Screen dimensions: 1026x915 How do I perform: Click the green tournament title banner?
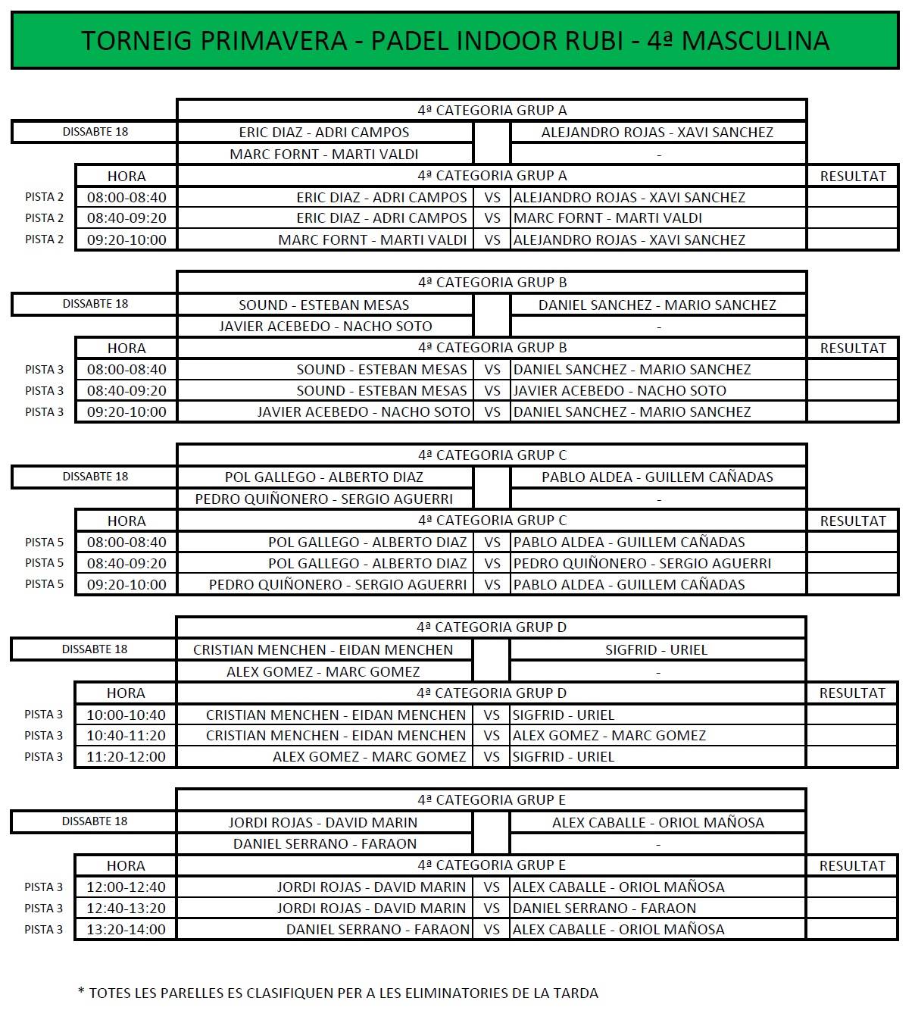[x=454, y=40]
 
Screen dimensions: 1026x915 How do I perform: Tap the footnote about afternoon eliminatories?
[x=338, y=993]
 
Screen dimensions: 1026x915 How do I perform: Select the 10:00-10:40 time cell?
[x=126, y=715]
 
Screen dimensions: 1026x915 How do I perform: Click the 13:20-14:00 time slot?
[x=126, y=929]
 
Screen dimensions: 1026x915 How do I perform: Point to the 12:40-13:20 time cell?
[x=126, y=908]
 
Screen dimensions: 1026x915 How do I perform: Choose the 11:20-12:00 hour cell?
[x=126, y=756]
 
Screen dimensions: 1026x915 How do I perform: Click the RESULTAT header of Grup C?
[x=852, y=521]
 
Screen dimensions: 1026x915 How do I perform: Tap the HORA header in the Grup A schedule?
[x=126, y=176]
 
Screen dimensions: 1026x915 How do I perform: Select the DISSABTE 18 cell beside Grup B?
[x=95, y=304]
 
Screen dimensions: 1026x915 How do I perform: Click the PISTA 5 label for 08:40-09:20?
[x=44, y=563]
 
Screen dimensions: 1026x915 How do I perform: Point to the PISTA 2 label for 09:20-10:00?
[x=44, y=239]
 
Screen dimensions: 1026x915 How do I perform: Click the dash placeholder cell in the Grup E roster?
[x=657, y=843]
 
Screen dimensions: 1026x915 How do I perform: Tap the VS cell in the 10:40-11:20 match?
[x=492, y=735]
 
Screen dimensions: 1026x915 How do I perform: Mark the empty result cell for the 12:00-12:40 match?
[x=852, y=887]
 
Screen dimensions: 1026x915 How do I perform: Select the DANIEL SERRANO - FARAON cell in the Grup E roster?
[x=324, y=843]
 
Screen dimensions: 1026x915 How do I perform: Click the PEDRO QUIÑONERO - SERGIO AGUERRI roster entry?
[x=324, y=499]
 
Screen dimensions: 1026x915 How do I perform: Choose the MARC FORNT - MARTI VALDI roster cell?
[x=324, y=154]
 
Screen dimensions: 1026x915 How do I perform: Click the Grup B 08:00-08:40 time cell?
[x=126, y=369]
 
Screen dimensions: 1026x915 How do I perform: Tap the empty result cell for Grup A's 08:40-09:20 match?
[x=852, y=218]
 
